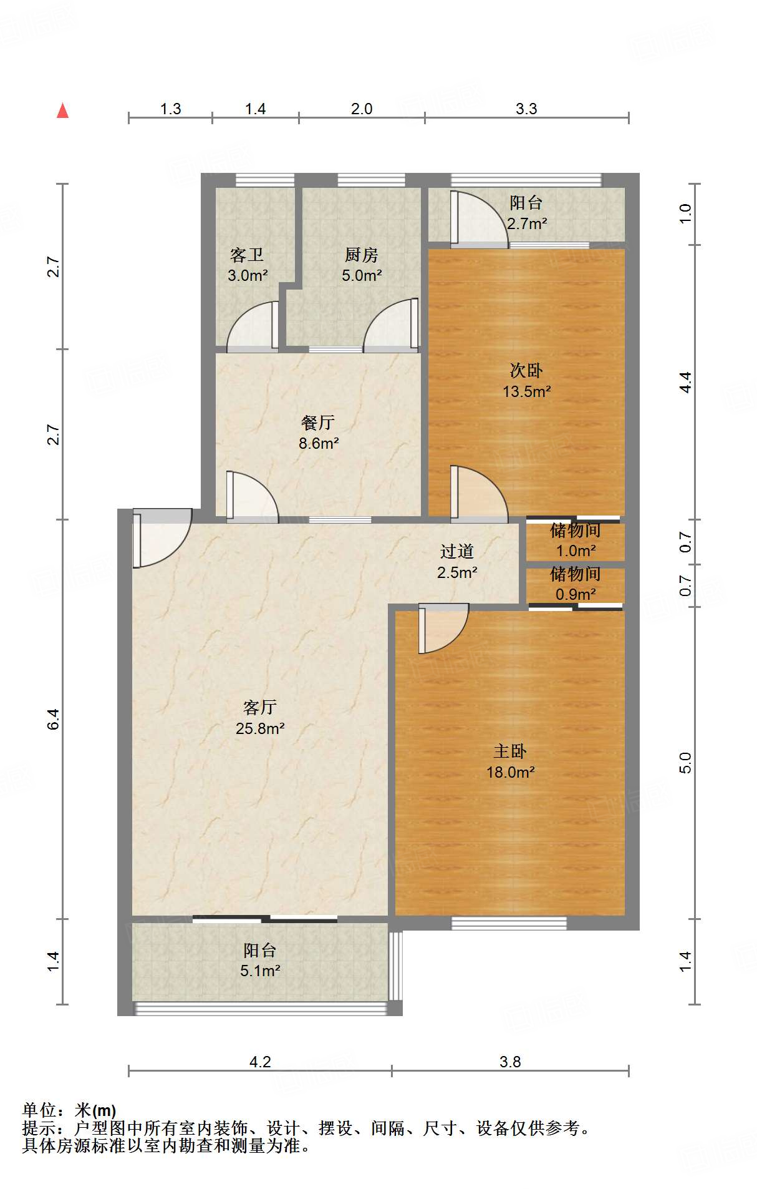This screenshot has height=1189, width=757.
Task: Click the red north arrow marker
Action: coord(62,111)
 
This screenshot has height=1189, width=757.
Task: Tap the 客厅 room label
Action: coord(259,707)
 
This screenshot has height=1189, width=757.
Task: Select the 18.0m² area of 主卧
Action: coord(510,772)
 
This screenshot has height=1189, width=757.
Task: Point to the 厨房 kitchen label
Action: coord(361,255)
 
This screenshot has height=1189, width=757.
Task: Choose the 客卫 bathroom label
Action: coord(247,255)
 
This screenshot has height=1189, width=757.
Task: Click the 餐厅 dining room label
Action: coord(318,423)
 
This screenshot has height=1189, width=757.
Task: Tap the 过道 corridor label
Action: coord(456,551)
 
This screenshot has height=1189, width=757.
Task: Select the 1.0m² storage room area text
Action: coord(575,551)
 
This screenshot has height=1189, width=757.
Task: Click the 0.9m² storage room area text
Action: coord(575,594)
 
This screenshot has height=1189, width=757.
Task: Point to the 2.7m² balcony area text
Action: coord(526,223)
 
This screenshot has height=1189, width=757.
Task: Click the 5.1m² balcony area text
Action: coord(259,971)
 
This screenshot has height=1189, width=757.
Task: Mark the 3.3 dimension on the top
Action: coord(526,109)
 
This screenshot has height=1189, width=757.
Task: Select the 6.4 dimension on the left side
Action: coord(54,719)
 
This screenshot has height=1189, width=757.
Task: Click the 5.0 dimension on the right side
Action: coord(685,763)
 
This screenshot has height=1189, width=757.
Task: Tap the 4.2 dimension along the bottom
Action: coord(259,1062)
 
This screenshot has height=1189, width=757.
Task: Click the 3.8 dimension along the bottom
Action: coord(509,1062)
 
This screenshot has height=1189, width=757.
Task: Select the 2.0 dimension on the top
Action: coord(361,109)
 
